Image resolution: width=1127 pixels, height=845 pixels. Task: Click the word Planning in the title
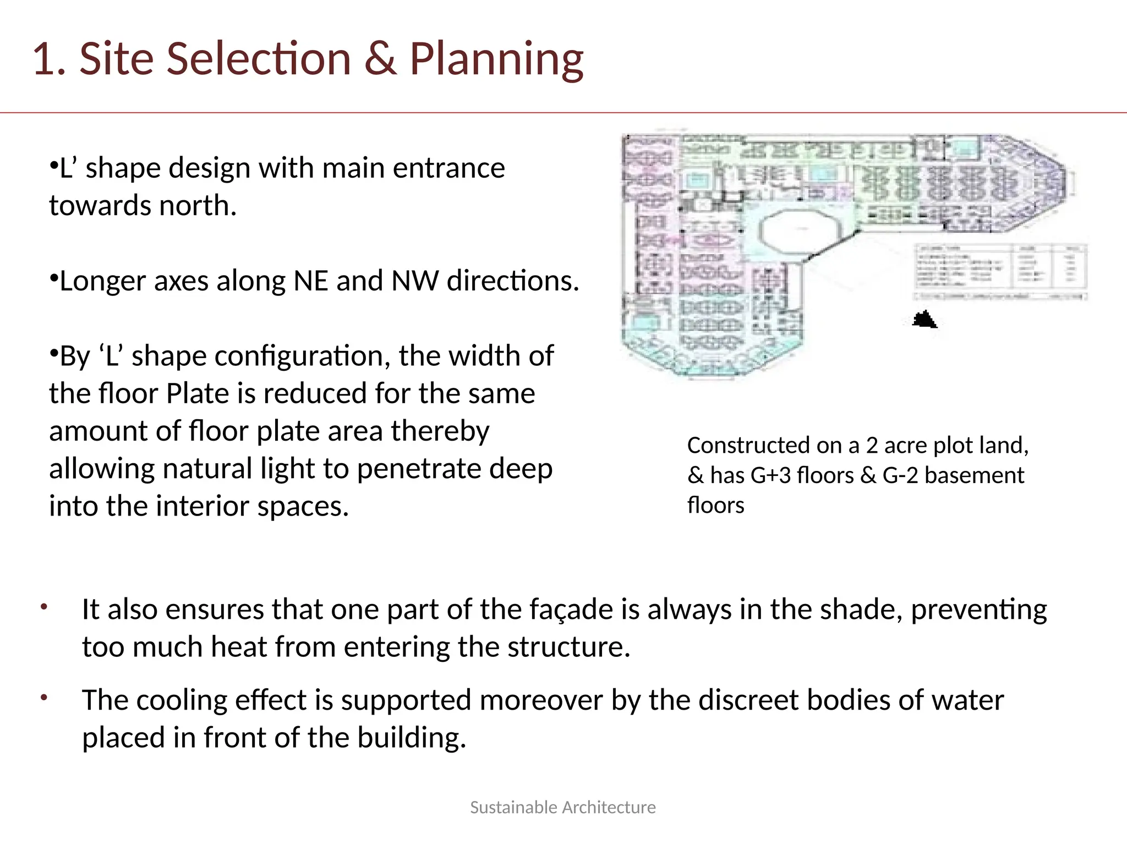(496, 59)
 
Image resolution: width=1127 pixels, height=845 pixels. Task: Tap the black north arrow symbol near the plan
(924, 320)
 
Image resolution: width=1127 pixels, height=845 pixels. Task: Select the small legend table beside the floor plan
(1001, 271)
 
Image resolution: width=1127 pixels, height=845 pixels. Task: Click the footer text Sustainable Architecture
(562, 807)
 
